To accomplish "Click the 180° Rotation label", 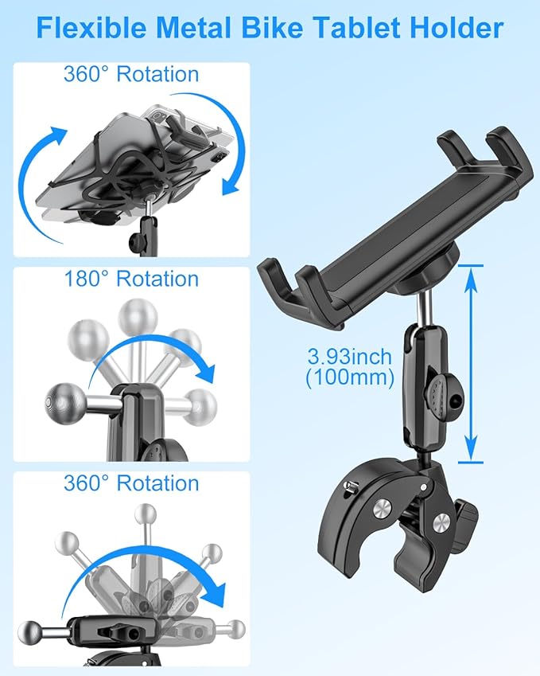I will point(131,279).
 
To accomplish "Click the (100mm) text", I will point(350,379).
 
